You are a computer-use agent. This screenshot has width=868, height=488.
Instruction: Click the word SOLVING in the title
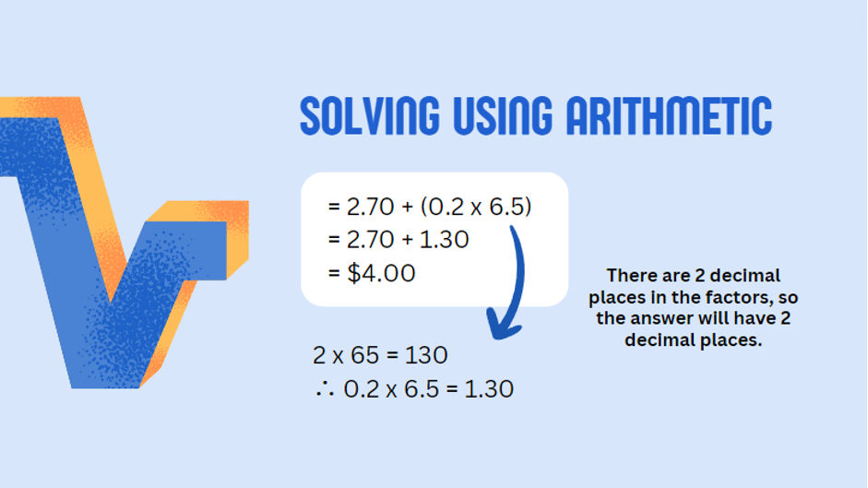click(370, 115)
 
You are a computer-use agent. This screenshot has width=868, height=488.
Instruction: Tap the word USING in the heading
click(503, 115)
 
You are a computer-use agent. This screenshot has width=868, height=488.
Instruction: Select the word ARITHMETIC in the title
click(669, 115)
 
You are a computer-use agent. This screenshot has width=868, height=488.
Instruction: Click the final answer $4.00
click(381, 273)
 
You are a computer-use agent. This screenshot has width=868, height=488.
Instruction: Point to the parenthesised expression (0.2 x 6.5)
click(476, 207)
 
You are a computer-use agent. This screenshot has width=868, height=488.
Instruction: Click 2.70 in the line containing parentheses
click(370, 207)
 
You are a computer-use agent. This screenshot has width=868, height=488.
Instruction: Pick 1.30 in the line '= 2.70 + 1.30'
click(444, 239)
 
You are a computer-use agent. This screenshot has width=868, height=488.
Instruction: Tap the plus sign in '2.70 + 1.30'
click(408, 240)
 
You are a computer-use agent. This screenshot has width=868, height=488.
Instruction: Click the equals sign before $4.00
click(334, 273)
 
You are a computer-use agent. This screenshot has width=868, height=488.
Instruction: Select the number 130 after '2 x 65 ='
click(425, 355)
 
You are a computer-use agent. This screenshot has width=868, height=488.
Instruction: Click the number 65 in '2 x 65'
click(364, 355)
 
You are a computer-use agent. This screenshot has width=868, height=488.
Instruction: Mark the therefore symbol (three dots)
click(325, 389)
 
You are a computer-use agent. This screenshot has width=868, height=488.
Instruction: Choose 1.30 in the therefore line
click(489, 389)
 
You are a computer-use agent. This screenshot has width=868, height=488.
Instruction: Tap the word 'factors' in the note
click(740, 297)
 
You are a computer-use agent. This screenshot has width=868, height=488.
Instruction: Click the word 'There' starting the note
click(632, 275)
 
